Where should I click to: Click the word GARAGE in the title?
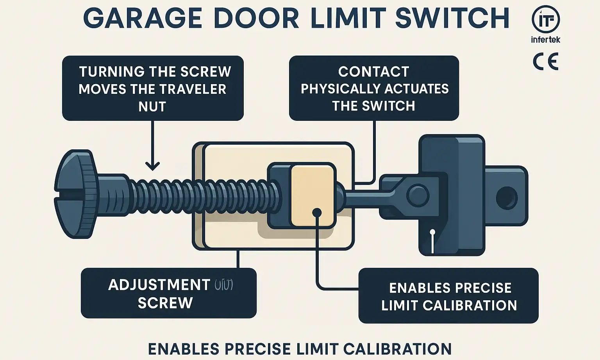(x=143, y=18)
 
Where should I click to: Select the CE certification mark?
(x=546, y=62)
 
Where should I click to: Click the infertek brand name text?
(x=546, y=39)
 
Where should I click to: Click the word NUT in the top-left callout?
(x=152, y=107)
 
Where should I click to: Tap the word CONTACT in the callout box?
(x=374, y=72)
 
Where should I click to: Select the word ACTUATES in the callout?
(x=417, y=89)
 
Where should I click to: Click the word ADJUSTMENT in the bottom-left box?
(x=159, y=285)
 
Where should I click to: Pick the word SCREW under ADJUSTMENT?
(x=165, y=303)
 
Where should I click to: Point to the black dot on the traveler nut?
(x=317, y=213)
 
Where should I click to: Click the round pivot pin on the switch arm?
(x=418, y=194)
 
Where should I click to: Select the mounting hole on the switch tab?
(x=506, y=197)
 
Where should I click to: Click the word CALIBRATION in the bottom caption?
(x=397, y=349)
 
